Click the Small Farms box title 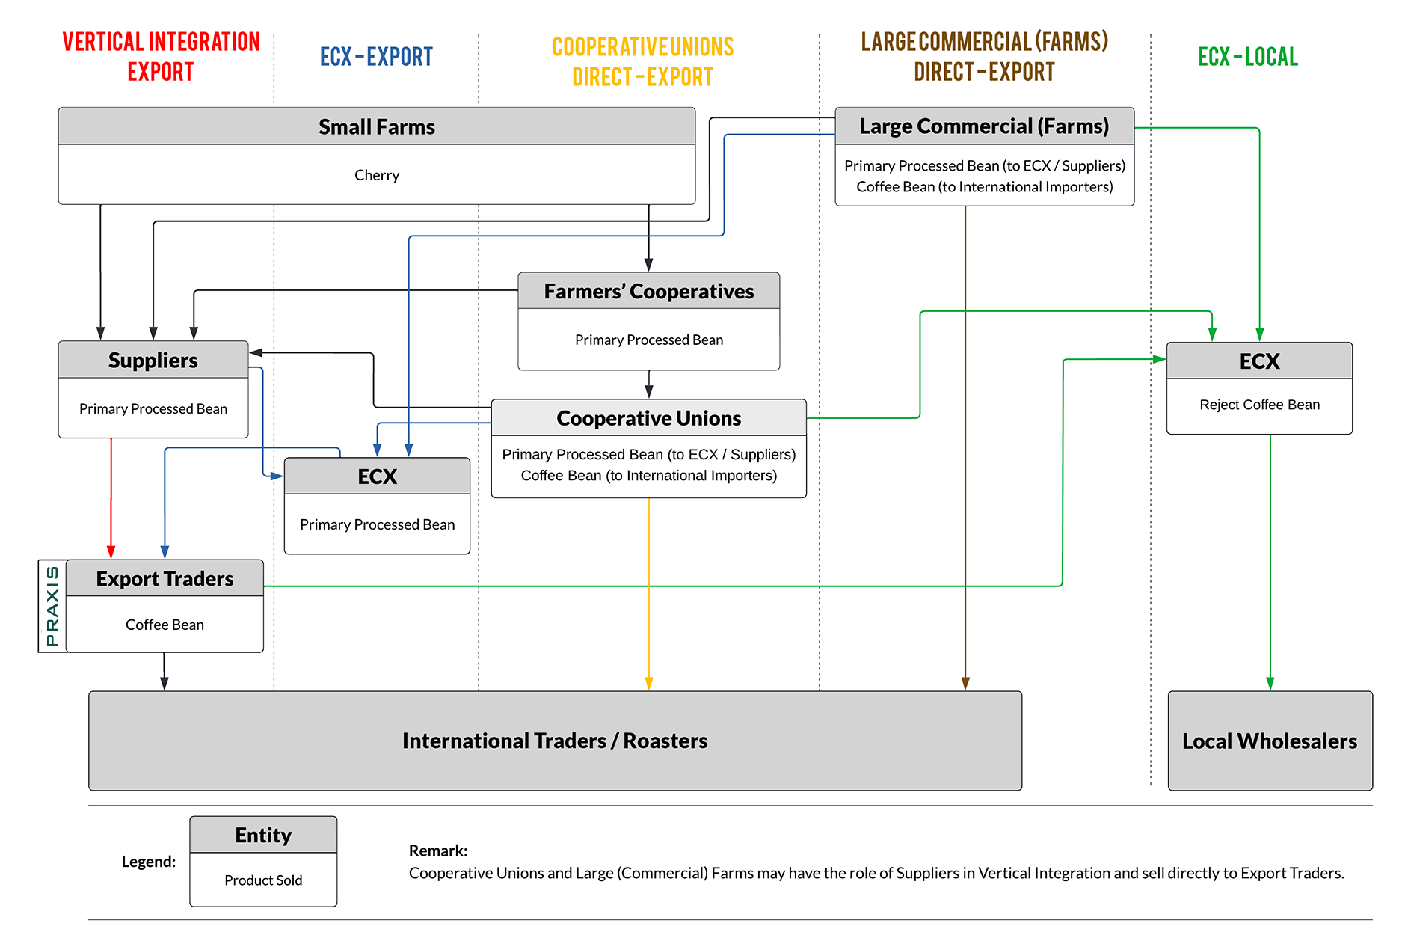pyautogui.click(x=376, y=127)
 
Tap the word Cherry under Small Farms pyautogui.click(x=376, y=175)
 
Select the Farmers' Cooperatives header pyautogui.click(x=648, y=292)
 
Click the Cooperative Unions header pyautogui.click(x=648, y=418)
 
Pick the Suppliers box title pyautogui.click(x=153, y=361)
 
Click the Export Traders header pyautogui.click(x=165, y=579)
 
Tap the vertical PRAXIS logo pyautogui.click(x=52, y=606)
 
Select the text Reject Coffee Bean pyautogui.click(x=1259, y=405)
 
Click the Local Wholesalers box pyautogui.click(x=1269, y=741)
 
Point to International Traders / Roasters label pyautogui.click(x=555, y=741)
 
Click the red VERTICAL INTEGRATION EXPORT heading pyautogui.click(x=161, y=56)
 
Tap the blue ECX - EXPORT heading pyautogui.click(x=376, y=57)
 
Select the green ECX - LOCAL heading pyautogui.click(x=1247, y=57)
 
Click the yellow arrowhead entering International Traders pyautogui.click(x=648, y=683)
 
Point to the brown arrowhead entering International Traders pyautogui.click(x=965, y=683)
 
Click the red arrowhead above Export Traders pyautogui.click(x=111, y=552)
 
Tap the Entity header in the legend pyautogui.click(x=263, y=836)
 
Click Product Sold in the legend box pyautogui.click(x=263, y=880)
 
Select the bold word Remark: pyautogui.click(x=437, y=851)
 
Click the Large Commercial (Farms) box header pyautogui.click(x=984, y=126)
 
